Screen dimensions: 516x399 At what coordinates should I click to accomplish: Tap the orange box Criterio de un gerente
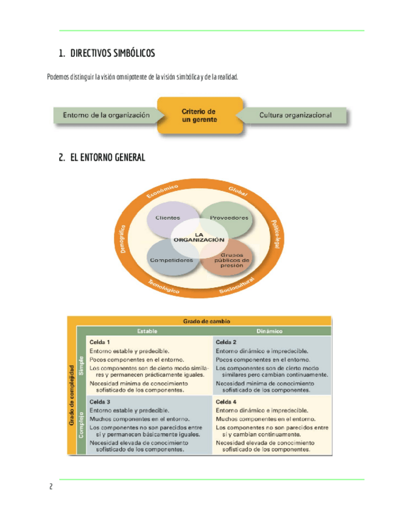click(x=199, y=116)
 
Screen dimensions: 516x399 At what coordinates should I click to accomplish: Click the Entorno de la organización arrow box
click(x=107, y=115)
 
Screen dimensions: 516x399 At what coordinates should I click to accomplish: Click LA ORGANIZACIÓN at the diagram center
click(x=200, y=238)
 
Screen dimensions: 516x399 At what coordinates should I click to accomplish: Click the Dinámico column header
click(x=270, y=331)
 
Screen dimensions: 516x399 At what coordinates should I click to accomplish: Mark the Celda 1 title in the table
click(x=100, y=342)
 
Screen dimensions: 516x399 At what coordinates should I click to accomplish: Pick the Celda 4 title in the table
click(x=226, y=402)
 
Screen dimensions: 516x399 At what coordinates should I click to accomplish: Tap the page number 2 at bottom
click(x=51, y=487)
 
